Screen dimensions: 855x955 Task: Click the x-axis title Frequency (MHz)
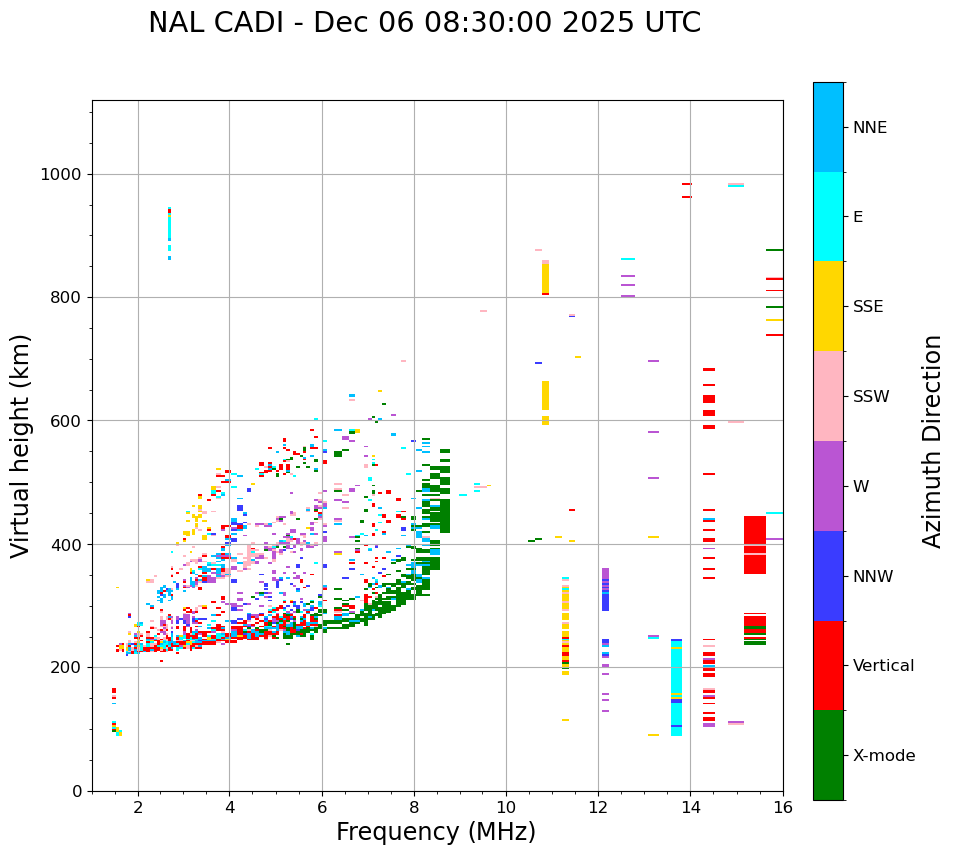(x=436, y=832)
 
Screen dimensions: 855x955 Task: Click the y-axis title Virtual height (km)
(x=21, y=446)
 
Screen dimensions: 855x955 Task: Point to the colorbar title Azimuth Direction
(x=932, y=441)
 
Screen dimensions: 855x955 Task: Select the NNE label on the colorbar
(x=869, y=128)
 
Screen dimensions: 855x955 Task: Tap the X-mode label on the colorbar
(x=883, y=756)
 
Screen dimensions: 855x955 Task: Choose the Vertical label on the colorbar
(x=883, y=666)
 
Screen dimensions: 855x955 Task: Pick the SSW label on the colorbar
(x=870, y=397)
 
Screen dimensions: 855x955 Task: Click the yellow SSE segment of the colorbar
(x=828, y=305)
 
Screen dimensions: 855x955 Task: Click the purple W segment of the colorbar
(x=828, y=486)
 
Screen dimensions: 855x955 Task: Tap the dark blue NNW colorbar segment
(x=828, y=576)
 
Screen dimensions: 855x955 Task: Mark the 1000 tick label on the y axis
(x=62, y=174)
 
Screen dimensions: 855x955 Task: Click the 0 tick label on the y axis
(x=76, y=791)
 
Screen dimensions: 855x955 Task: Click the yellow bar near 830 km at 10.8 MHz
(x=545, y=278)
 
